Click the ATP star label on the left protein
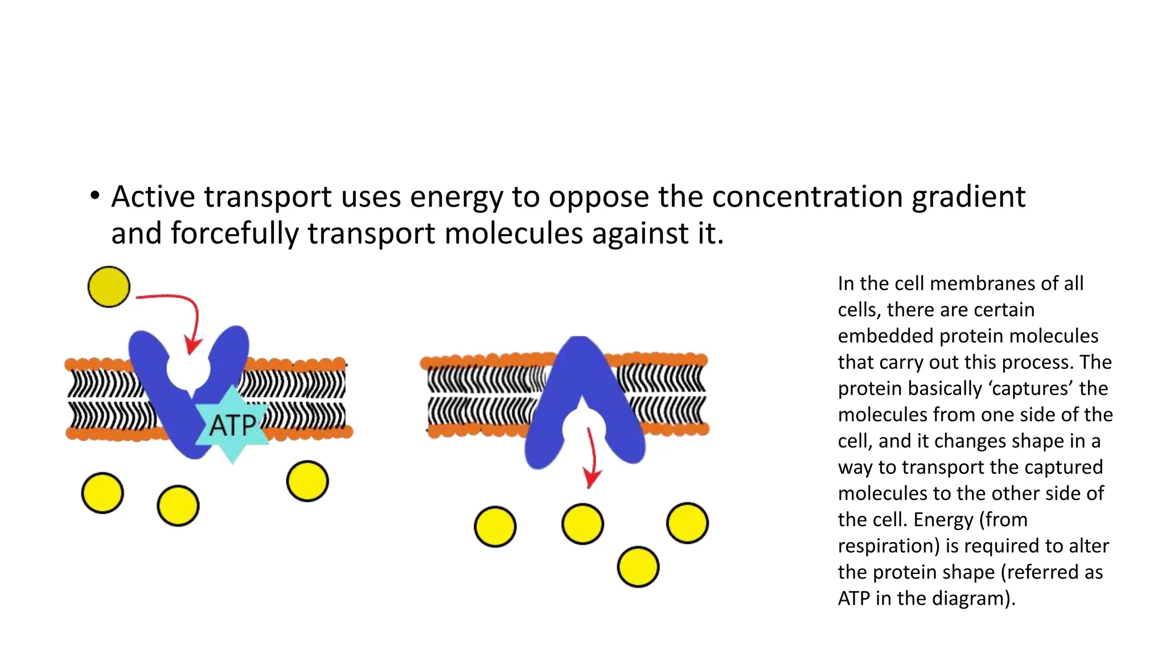coord(232,425)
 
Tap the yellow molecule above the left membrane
coord(109,287)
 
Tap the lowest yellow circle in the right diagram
coord(638,567)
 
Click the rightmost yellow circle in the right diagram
coord(687,523)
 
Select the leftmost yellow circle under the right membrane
coord(495,527)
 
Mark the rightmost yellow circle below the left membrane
coord(307,481)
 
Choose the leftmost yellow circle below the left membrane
coord(102,493)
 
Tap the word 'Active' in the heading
coord(153,197)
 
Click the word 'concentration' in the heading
coord(807,197)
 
